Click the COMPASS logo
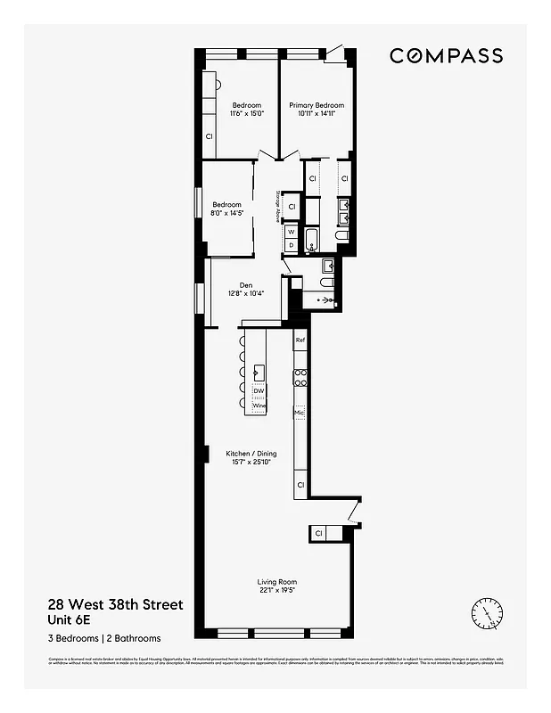(x=446, y=55)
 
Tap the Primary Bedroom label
(x=317, y=105)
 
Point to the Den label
(x=245, y=285)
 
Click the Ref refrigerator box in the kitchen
(x=300, y=340)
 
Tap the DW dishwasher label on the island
(x=259, y=391)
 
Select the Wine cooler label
(x=259, y=406)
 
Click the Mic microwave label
(x=300, y=414)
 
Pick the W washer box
(x=291, y=231)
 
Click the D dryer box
(x=291, y=244)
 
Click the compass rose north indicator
(x=486, y=612)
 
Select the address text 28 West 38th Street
(x=116, y=605)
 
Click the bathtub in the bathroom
(x=313, y=239)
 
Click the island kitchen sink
(x=259, y=371)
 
